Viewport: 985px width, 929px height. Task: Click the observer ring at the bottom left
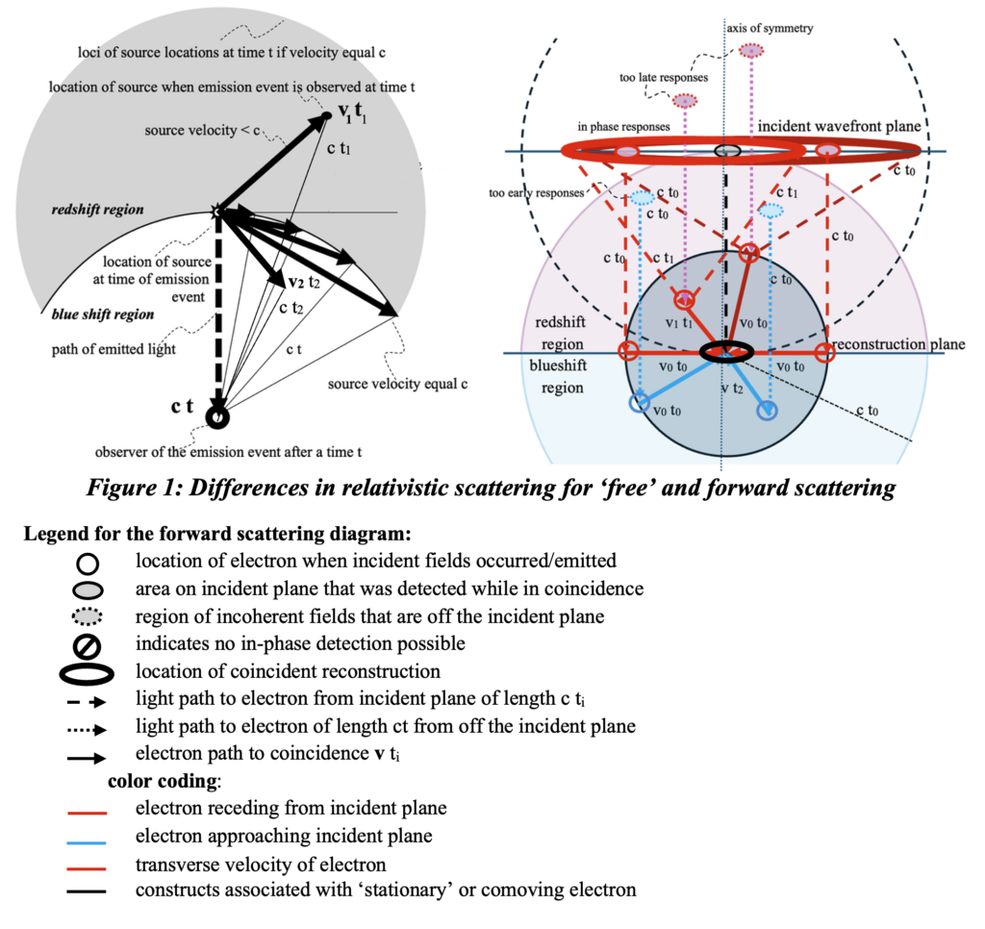pos(218,416)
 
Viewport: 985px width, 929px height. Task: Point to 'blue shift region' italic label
pos(89,314)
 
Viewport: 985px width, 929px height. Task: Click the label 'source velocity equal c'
pos(397,383)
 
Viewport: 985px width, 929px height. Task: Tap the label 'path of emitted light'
pos(114,348)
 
